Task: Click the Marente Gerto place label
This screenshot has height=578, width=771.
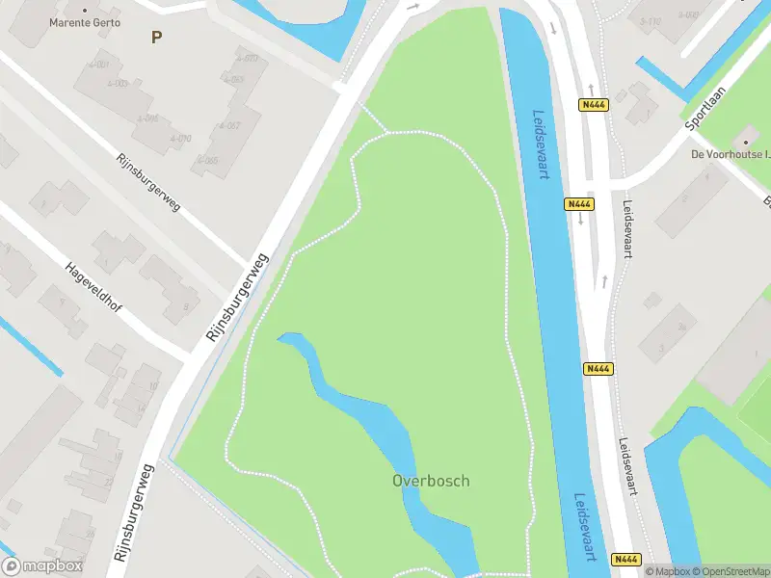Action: coord(85,22)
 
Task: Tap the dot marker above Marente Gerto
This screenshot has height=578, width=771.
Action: coord(85,11)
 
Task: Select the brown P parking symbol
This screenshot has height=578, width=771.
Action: coord(156,37)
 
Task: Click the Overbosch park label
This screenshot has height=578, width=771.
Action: coord(431,480)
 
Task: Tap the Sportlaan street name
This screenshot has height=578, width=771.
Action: coord(705,105)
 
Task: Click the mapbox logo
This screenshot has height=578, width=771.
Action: coord(42,566)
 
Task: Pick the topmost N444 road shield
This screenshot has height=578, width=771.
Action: coord(594,105)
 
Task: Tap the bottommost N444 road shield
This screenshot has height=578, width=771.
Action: coord(625,559)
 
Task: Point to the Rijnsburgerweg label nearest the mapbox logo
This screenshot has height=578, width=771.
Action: coord(134,513)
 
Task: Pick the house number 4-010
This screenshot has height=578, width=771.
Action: coord(180,139)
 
